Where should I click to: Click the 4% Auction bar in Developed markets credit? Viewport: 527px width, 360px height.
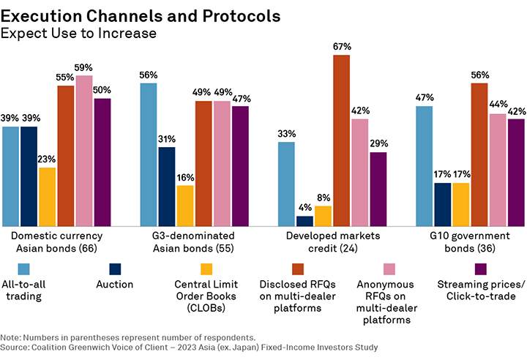[x=305, y=221]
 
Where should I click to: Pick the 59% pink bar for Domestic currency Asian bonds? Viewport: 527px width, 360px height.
[x=84, y=151]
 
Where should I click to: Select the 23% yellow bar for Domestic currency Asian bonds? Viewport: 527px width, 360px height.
[x=48, y=197]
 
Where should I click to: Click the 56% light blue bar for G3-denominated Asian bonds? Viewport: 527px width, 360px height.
[x=149, y=154]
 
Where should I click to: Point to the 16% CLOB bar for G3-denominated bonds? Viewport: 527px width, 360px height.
[x=185, y=206]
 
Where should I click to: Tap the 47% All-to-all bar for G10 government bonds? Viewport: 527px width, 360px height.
[x=425, y=166]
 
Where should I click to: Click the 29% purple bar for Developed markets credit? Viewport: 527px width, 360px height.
[x=378, y=189]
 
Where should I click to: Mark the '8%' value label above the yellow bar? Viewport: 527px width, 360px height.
[x=324, y=198]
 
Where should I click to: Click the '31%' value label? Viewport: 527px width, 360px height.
[x=167, y=139]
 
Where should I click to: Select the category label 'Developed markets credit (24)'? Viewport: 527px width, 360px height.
[x=342, y=241]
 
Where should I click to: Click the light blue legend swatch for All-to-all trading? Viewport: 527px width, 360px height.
[x=24, y=267]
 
